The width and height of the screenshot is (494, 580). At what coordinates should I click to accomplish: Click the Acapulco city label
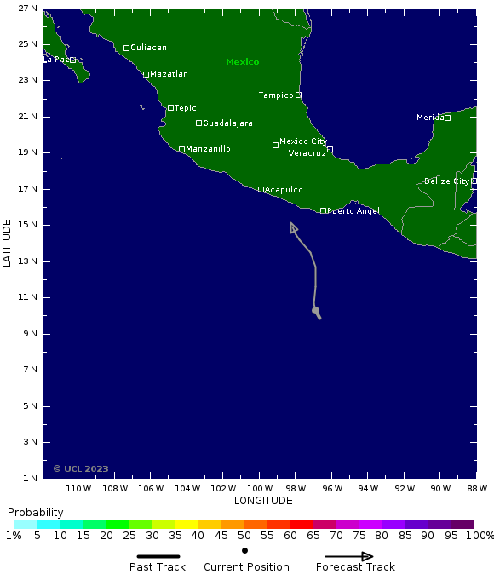tap(284, 190)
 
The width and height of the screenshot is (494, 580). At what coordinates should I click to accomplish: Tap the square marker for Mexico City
tap(275, 145)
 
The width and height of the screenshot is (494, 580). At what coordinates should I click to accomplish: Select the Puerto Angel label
tap(353, 211)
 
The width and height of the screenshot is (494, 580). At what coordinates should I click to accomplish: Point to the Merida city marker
tap(447, 118)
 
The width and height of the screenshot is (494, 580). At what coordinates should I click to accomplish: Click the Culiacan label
tap(148, 48)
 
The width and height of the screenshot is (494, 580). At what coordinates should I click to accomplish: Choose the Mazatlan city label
tap(169, 74)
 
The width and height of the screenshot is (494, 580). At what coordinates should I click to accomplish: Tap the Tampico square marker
tap(298, 95)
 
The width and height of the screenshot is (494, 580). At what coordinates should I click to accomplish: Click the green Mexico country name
tap(242, 62)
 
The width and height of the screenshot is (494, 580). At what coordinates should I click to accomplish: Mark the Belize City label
tap(446, 181)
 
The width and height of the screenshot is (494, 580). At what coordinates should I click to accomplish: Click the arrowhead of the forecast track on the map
tap(292, 226)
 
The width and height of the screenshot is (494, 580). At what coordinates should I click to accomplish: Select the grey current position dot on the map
tap(315, 310)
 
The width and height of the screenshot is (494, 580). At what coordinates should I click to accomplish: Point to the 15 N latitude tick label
tap(27, 225)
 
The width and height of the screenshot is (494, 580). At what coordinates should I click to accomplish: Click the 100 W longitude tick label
tap(259, 489)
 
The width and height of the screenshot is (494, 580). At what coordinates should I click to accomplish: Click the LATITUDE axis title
tap(8, 243)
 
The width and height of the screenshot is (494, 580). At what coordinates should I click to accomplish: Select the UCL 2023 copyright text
tap(81, 468)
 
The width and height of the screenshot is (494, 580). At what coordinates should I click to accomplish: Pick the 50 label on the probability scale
tap(244, 535)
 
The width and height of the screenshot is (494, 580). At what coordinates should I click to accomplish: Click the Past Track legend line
tap(158, 556)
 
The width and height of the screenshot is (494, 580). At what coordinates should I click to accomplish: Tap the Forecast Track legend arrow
tap(355, 556)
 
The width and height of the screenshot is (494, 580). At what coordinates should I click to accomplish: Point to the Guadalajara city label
tap(227, 123)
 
